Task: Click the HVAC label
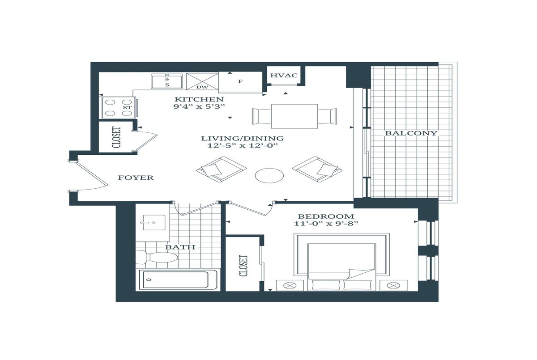[x=284, y=75]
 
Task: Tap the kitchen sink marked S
[x=167, y=81]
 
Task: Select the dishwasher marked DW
[x=202, y=81]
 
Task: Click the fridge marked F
[x=240, y=82]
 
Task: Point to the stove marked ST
[x=118, y=107]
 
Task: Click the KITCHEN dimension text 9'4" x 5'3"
[x=199, y=106]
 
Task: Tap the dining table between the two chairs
[x=294, y=116]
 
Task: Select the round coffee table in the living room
[x=269, y=176]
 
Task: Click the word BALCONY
[x=411, y=133]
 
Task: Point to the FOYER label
[x=136, y=178]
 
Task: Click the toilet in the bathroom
[x=157, y=257]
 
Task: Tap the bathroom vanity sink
[x=154, y=222]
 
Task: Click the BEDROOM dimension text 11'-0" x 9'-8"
[x=326, y=224]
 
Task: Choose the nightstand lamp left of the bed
[x=290, y=285]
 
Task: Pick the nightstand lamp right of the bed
[x=393, y=285]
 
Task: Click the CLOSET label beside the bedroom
[x=243, y=265]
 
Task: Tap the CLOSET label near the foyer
[x=116, y=137]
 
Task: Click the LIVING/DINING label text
[x=243, y=138]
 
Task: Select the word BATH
[x=180, y=247]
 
